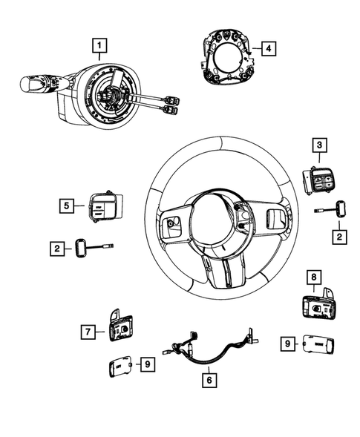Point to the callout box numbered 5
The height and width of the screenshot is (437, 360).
[67, 205]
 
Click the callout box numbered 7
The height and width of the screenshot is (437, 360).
[88, 332]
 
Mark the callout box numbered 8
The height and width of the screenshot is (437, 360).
[314, 280]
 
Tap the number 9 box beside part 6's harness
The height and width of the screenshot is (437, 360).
[148, 364]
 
